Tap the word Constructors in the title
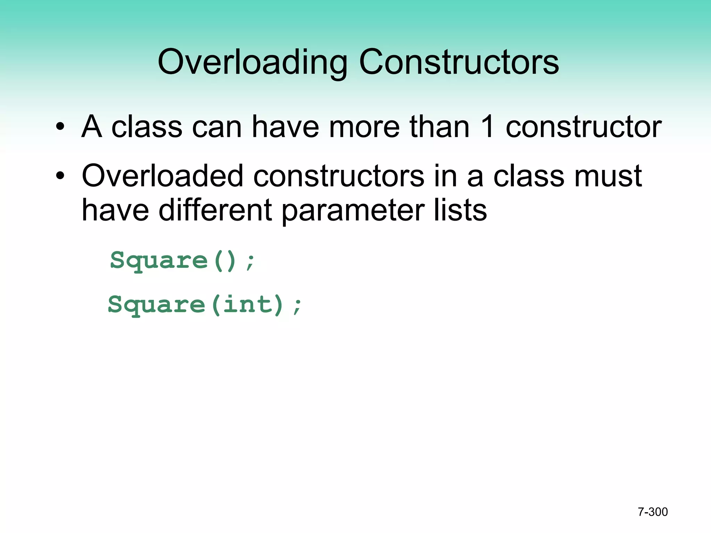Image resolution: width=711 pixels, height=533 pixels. click(x=459, y=62)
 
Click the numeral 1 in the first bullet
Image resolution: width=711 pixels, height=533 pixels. click(x=487, y=127)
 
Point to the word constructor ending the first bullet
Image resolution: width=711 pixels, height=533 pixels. click(x=584, y=127)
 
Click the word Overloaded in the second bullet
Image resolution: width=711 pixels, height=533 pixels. click(x=162, y=176)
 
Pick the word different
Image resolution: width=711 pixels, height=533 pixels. click(x=215, y=211)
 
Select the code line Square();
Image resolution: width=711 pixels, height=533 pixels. click(x=183, y=261)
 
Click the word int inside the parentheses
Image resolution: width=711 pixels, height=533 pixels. click(x=247, y=305)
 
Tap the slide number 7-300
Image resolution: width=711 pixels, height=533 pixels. click(x=653, y=512)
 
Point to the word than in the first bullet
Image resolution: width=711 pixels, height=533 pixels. click(x=440, y=127)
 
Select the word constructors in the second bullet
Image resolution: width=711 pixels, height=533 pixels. click(x=338, y=176)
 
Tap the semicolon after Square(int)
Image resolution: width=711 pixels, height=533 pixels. click(x=297, y=306)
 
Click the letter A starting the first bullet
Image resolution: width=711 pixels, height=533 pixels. click(x=92, y=127)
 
